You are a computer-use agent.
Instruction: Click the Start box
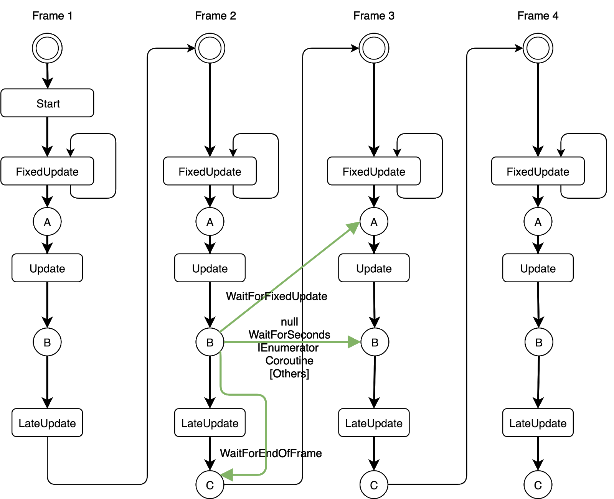(x=47, y=103)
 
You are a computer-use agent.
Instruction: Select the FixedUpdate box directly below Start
(x=47, y=171)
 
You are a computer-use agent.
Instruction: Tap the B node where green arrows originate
(x=210, y=342)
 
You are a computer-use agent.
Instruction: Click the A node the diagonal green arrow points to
(x=374, y=222)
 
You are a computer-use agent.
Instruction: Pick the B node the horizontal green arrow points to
(x=375, y=342)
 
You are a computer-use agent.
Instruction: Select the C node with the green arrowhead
(x=210, y=485)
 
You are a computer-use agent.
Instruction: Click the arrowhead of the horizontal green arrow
(x=354, y=342)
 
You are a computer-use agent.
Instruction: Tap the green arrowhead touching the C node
(x=227, y=475)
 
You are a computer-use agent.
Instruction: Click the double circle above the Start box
(x=47, y=48)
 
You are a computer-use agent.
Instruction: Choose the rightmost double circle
(x=538, y=48)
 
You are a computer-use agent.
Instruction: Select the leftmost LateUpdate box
(x=47, y=423)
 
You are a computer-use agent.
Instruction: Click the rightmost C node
(x=538, y=485)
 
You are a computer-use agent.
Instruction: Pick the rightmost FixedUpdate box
(x=538, y=171)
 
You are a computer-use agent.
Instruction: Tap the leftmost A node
(x=47, y=222)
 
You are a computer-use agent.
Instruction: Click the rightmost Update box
(x=538, y=268)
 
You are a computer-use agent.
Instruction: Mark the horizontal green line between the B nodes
(x=284, y=342)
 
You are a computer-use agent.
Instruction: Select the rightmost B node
(x=539, y=342)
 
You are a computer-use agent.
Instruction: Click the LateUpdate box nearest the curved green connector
(x=210, y=423)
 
